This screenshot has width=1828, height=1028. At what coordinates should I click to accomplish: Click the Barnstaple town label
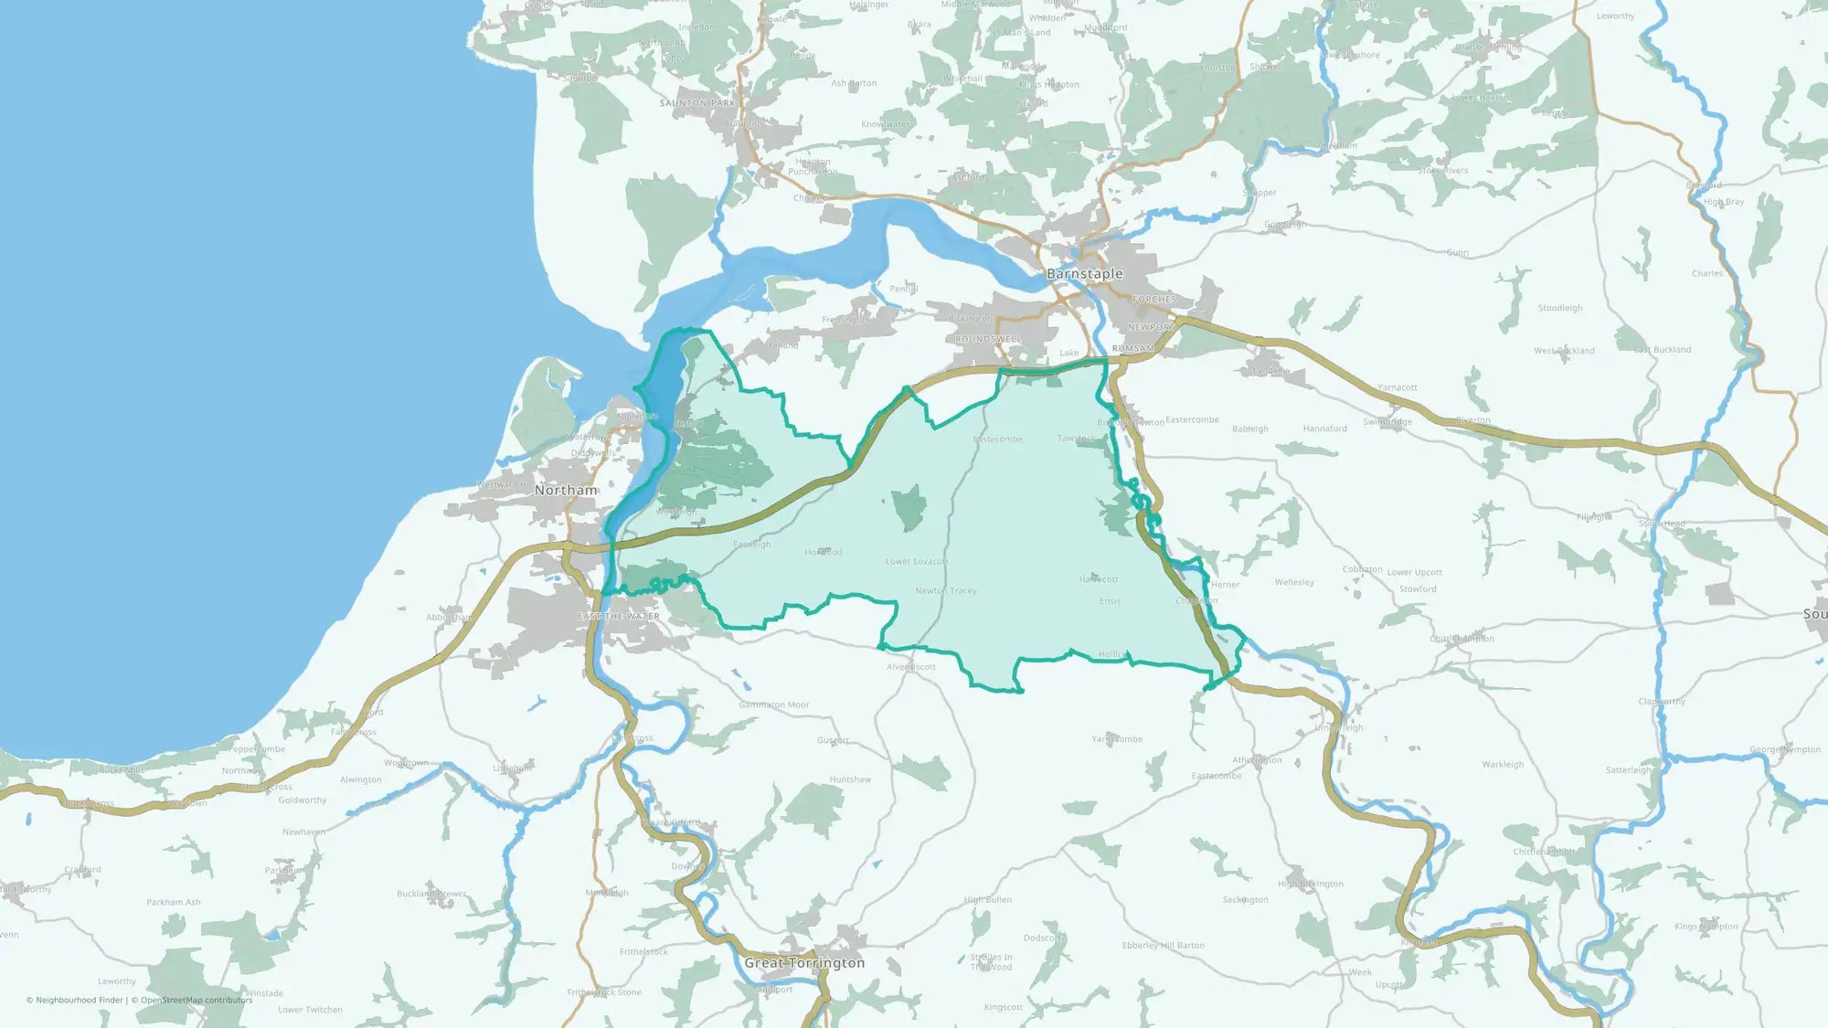point(1084,274)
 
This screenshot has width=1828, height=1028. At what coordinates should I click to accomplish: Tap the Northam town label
point(566,491)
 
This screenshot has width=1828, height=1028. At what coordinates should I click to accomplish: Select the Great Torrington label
point(804,963)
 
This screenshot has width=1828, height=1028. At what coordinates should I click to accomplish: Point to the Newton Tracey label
point(946,591)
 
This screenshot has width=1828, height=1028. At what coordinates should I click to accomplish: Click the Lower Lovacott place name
point(917,562)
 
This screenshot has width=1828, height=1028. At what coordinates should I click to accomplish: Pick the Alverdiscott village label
point(911,667)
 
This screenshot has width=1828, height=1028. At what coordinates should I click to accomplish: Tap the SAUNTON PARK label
point(697,103)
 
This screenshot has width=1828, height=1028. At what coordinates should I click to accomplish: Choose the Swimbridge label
point(1387,422)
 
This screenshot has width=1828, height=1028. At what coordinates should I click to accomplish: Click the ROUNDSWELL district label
point(988,339)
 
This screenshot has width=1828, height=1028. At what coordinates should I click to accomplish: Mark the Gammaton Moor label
point(774,705)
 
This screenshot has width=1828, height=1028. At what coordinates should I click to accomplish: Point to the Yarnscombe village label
point(1117,739)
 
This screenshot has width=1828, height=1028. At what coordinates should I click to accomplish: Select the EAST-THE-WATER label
point(618,617)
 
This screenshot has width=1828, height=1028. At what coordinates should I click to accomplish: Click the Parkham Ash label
point(174,903)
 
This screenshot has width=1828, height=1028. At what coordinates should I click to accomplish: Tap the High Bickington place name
point(1311,885)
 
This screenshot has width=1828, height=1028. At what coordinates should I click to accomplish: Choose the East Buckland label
point(1663,350)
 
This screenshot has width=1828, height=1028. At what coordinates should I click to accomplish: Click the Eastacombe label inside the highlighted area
point(997,440)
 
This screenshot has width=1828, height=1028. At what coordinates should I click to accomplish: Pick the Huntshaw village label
point(850,780)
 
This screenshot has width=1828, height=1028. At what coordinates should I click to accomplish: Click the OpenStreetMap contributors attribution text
point(197,1001)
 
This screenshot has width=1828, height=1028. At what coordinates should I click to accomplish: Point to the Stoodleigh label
point(1560,309)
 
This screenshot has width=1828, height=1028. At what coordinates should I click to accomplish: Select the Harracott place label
point(1099,579)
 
